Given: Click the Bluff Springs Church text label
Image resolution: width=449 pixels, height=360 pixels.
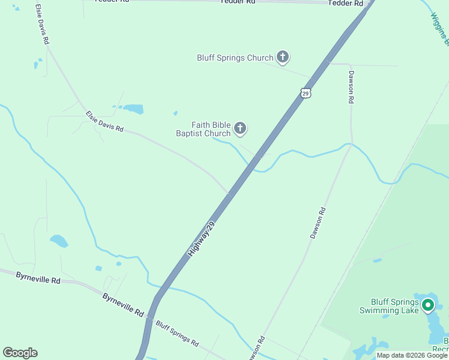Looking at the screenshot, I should click(x=235, y=58).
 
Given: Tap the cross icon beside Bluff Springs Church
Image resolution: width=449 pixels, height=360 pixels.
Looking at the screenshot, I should click(x=283, y=58).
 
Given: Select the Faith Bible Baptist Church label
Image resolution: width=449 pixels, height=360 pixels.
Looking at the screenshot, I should click(x=203, y=129).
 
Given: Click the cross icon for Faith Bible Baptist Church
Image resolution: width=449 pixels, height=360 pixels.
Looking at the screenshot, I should click(x=240, y=128).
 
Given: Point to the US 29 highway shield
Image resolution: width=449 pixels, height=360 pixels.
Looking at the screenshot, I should click(x=306, y=93).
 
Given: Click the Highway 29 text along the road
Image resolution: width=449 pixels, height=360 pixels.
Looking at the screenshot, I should click(x=201, y=239).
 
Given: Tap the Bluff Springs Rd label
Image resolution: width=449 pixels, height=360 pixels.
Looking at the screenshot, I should click(x=177, y=333).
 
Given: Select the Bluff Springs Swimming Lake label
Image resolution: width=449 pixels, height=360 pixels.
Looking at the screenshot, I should click(x=388, y=306).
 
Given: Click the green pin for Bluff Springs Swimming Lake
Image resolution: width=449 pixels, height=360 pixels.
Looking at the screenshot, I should click(x=428, y=305).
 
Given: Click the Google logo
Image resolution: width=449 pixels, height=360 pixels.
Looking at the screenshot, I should click(x=20, y=353).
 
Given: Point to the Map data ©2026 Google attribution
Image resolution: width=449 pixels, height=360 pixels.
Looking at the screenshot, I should click(x=412, y=355).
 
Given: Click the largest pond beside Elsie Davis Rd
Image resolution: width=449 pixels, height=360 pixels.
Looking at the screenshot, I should click(x=133, y=109).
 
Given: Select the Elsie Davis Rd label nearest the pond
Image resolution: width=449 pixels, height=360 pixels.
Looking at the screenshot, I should click(x=104, y=121).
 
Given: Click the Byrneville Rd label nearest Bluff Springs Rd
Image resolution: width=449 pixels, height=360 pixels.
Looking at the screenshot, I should click(x=123, y=305).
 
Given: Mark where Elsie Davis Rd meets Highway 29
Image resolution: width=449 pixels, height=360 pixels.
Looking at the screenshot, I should click(x=230, y=193).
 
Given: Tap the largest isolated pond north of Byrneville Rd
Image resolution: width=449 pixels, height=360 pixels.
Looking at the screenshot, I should click(x=58, y=241).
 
